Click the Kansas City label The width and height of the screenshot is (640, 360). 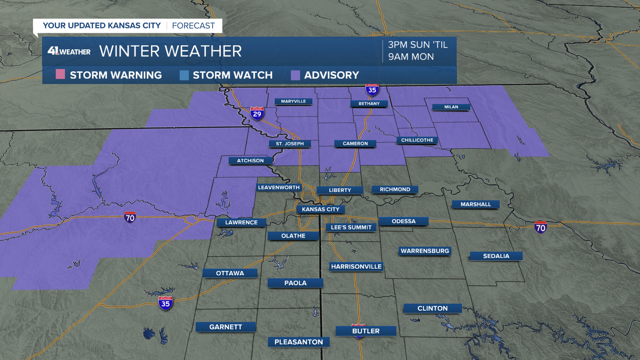320,209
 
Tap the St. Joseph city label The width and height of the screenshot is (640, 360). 290,144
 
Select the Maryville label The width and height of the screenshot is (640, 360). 293,101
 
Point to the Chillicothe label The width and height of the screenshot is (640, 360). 417,140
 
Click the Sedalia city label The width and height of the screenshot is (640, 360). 496,256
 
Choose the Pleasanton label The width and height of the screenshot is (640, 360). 299,342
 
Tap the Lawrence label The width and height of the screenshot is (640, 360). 241,222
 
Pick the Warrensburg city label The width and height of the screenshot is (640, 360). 425,251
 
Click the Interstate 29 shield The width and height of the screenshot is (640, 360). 257,114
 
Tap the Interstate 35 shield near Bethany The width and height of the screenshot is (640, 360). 372,90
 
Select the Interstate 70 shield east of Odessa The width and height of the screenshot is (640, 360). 540,227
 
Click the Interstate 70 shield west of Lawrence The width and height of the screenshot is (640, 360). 130,217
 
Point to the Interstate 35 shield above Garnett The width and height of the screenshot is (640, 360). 165,303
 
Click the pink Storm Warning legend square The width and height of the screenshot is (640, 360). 60,74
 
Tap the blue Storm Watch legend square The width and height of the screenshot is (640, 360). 184,75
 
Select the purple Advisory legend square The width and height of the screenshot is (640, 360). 295,75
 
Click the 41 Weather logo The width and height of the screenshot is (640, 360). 69,51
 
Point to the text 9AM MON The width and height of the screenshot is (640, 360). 411,57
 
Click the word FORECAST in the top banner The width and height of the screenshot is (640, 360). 193,26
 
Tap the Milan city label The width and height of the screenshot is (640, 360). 451,107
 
